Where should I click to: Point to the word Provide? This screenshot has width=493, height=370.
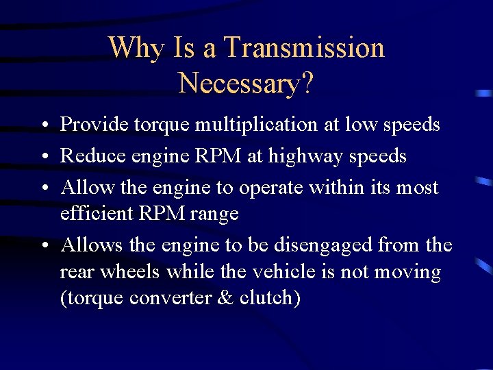[x=94, y=125]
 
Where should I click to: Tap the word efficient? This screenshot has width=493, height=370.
[x=97, y=213]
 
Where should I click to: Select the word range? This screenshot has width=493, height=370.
[x=215, y=214]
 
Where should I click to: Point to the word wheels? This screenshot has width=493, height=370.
[x=131, y=272]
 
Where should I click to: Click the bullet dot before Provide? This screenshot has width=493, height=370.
[x=43, y=126]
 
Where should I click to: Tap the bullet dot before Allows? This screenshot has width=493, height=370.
[x=43, y=245]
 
